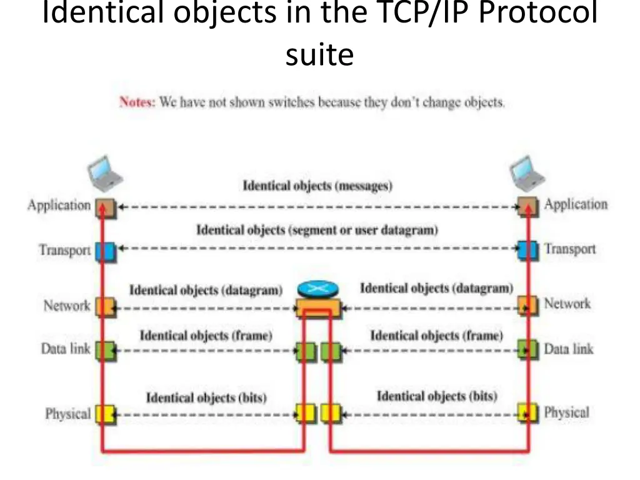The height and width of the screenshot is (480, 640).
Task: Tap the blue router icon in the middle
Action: coord(317,289)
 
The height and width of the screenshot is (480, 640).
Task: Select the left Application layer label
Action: coord(59,205)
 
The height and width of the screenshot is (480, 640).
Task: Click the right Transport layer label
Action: coord(570,249)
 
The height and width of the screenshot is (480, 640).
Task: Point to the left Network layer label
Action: coord(67,306)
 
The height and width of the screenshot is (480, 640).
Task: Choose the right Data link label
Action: coord(569,349)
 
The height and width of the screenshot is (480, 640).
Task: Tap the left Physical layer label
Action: coord(67,414)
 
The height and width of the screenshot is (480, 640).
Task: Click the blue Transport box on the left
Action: coord(104,251)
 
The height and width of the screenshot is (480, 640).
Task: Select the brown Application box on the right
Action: coord(528,206)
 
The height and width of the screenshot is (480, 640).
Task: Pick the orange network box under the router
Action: coord(317,307)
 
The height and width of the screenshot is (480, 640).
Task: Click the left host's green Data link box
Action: coord(104,350)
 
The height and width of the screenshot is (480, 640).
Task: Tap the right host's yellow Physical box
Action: coord(528,412)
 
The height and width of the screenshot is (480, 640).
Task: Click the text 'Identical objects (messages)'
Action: coord(317,186)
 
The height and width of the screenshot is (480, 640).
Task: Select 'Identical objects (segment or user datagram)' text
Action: coord(317,230)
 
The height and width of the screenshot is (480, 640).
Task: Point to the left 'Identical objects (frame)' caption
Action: coord(206,336)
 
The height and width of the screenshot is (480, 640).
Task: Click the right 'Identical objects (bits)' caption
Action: coord(437,396)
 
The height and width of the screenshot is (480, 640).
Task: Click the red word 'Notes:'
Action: coord(137,102)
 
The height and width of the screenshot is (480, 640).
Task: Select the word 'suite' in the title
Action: coord(319,55)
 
